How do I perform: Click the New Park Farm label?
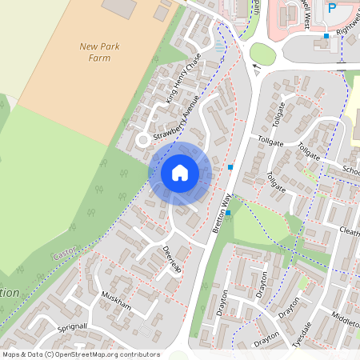tap(100, 52)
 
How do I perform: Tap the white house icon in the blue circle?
tap(180, 173)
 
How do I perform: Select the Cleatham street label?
tap(350, 231)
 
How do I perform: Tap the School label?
tap(350, 170)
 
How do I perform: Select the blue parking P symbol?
tap(331, 8)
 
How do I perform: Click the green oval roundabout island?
tap(262, 54)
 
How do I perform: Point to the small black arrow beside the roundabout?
tap(256, 67)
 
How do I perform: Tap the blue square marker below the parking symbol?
tap(326, 35)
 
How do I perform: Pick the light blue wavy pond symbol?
tap(220, 47)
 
